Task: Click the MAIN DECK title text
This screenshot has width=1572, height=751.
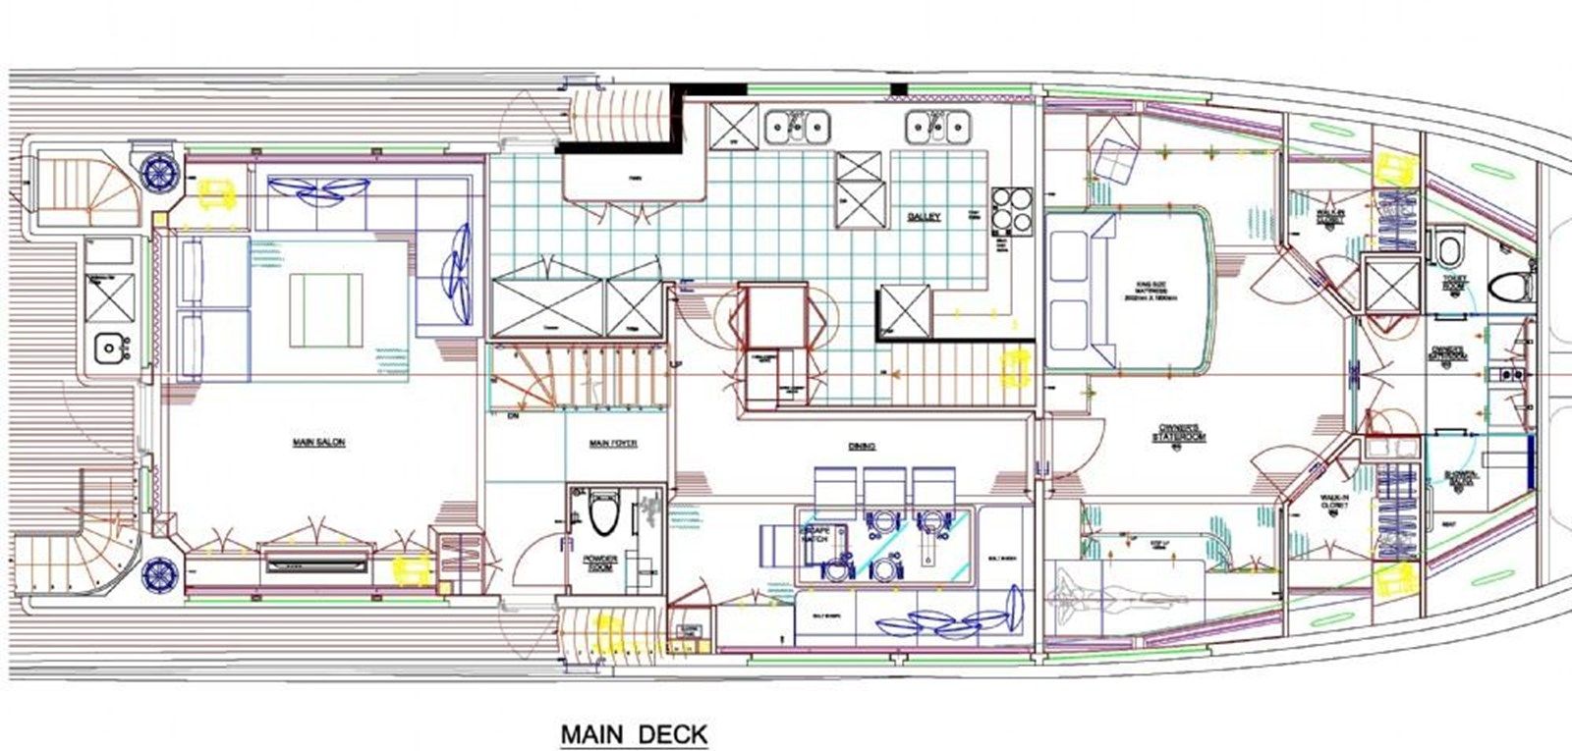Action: point(634,733)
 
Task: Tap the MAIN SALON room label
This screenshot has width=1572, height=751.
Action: point(318,443)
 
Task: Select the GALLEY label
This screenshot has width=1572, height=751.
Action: point(925,217)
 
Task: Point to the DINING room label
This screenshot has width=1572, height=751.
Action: point(862,447)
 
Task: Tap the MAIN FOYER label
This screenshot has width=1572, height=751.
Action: point(613,444)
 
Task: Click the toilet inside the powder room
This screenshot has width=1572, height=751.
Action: point(600,516)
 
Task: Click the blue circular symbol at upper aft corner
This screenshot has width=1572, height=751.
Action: point(157,169)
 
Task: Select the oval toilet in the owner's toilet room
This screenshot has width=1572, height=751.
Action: point(1506,289)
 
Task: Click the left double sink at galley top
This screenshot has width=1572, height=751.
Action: point(797,125)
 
